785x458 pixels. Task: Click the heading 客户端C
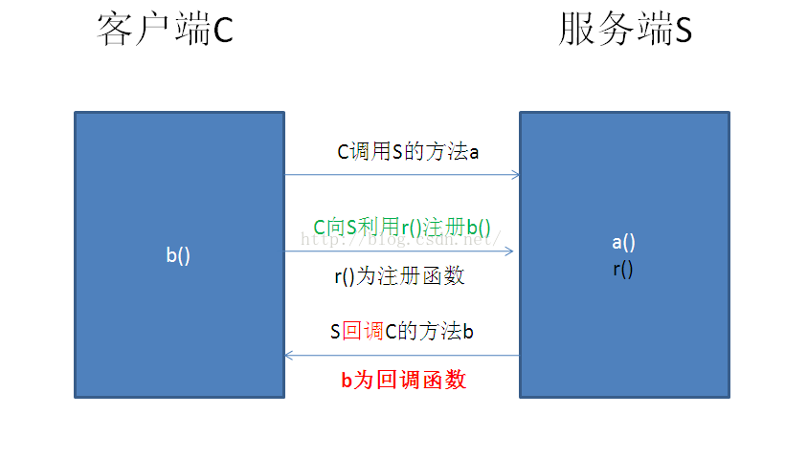(165, 32)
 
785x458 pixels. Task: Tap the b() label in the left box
(178, 255)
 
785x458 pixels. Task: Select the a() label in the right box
(623, 242)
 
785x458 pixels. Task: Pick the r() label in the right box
(623, 269)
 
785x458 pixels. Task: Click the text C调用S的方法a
(407, 151)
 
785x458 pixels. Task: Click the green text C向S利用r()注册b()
(402, 227)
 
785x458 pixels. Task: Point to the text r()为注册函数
(399, 276)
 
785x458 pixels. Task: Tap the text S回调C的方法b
(402, 331)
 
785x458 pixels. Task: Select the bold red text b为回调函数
(403, 380)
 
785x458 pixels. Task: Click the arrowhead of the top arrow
(515, 175)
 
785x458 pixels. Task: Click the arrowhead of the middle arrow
(509, 251)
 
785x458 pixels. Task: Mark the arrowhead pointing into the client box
(290, 356)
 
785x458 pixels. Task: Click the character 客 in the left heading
(114, 32)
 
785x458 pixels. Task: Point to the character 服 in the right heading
(577, 32)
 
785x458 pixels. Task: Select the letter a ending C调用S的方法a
(473, 152)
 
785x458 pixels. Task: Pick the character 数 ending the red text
(456, 380)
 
